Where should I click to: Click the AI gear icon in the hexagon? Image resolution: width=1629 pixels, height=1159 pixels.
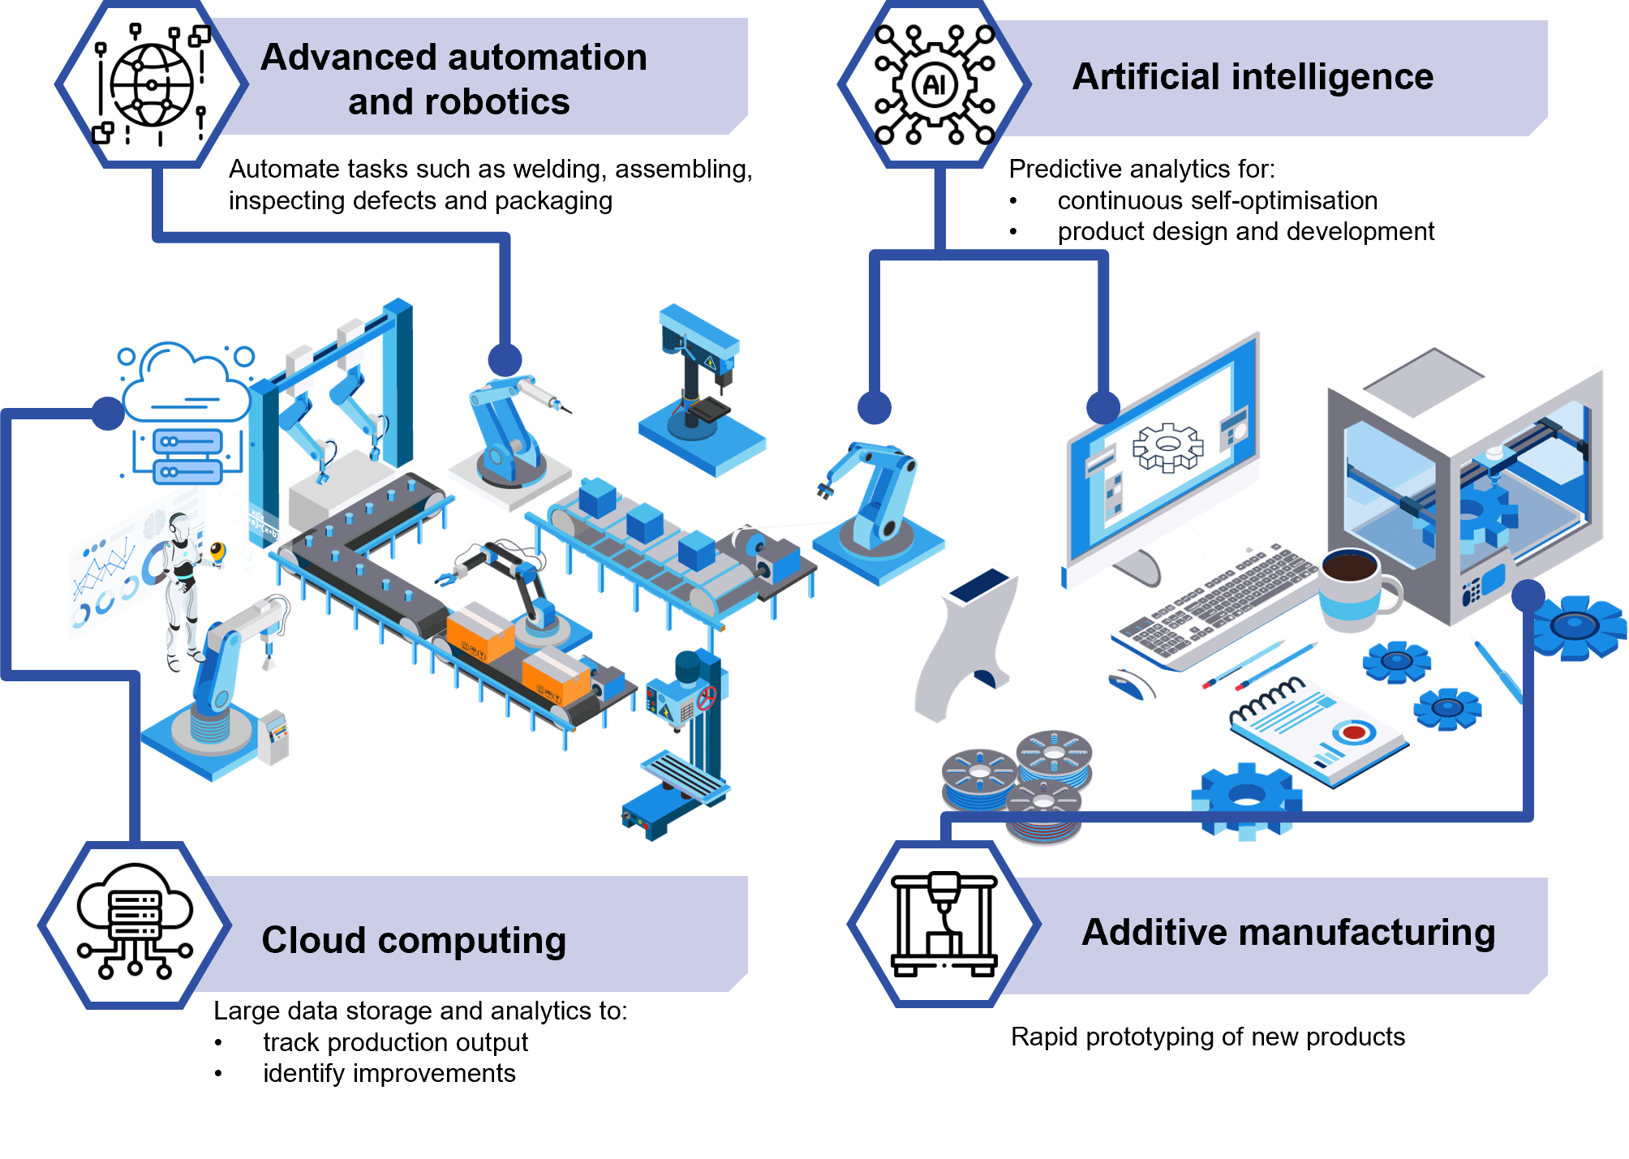[x=935, y=84]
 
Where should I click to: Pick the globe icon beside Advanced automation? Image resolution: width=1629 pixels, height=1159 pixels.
[x=152, y=84]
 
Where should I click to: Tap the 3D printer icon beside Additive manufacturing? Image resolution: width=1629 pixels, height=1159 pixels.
[x=943, y=925]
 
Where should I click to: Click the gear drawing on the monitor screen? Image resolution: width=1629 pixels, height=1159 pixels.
[x=1167, y=446]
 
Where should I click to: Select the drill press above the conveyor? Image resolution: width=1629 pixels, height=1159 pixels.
[x=700, y=389]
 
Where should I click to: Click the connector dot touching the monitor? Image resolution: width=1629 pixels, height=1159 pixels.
[x=1102, y=407]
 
